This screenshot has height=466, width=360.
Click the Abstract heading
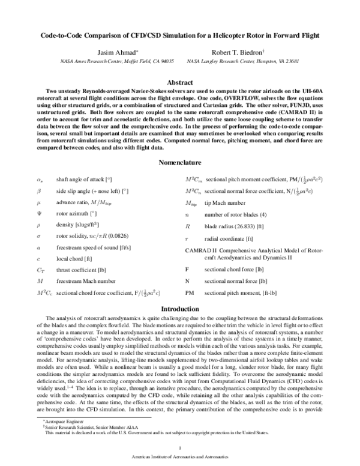(x=179, y=80)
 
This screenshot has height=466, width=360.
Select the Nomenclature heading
(x=179, y=163)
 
